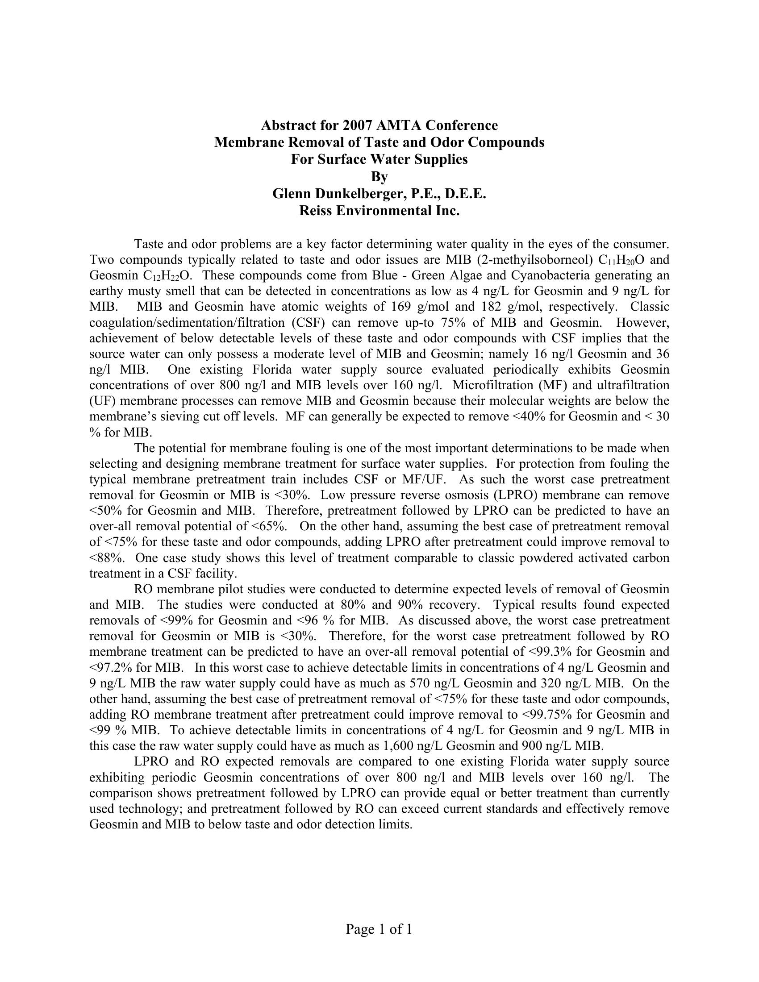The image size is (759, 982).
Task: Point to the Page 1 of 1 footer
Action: click(379, 929)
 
